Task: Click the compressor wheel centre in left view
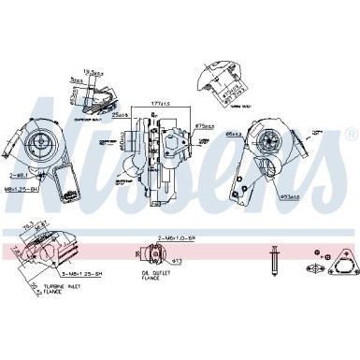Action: (x=44, y=137)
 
